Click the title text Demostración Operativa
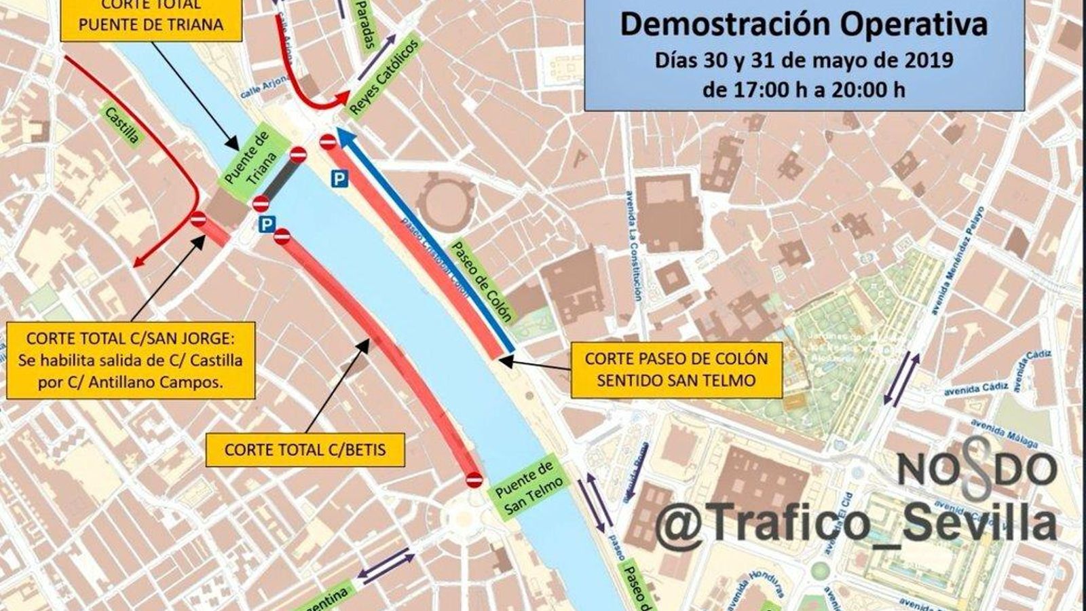click(x=804, y=25)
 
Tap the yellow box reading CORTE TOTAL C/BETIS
click(x=305, y=450)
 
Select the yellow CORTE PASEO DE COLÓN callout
click(x=676, y=369)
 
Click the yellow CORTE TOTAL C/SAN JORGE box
click(x=131, y=360)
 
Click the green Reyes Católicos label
click(x=385, y=77)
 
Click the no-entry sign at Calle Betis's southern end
click(x=474, y=480)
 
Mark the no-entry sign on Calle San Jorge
click(x=198, y=219)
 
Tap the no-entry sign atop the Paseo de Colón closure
click(x=328, y=142)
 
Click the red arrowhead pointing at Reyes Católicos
click(x=343, y=100)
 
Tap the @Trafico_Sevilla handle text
click(x=855, y=523)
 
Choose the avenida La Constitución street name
click(x=633, y=244)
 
